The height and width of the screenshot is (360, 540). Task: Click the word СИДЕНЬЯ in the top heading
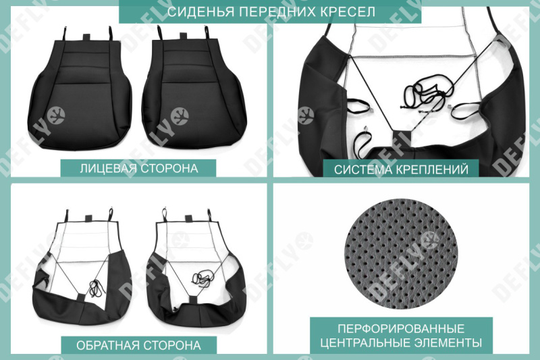[x=195, y=12]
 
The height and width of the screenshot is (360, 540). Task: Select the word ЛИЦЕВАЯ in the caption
[x=107, y=168]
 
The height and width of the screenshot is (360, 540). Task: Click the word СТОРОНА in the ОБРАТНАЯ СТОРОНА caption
[x=169, y=345]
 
